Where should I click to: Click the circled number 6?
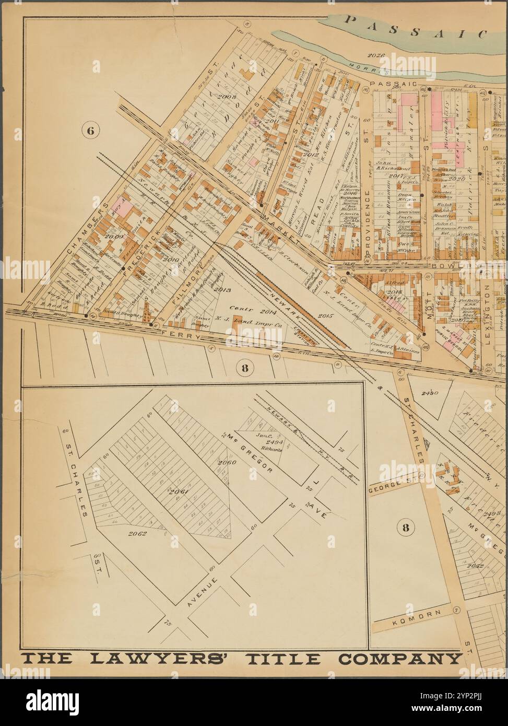[89, 131]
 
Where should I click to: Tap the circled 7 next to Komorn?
[456, 610]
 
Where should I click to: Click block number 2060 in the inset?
[227, 463]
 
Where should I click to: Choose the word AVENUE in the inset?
[204, 588]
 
